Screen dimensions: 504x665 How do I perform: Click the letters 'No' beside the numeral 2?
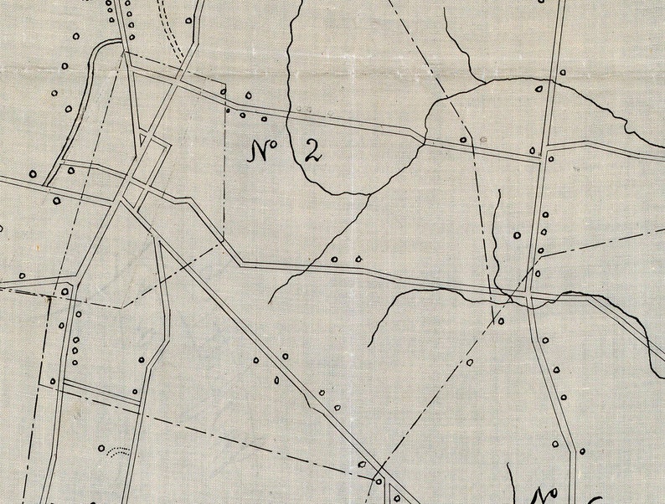pyautogui.click(x=264, y=151)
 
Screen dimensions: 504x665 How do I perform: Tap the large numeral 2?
pyautogui.click(x=313, y=152)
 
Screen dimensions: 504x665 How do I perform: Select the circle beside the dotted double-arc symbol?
pyautogui.click(x=101, y=449)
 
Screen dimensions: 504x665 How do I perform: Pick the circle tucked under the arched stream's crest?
pyautogui.click(x=539, y=88)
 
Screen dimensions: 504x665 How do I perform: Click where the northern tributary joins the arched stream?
pyautogui.click(x=484, y=81)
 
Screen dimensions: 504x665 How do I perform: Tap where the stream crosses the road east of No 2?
pyautogui.click(x=425, y=138)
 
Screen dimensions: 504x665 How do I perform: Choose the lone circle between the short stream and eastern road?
pyautogui.click(x=517, y=235)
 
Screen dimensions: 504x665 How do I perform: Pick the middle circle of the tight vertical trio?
pyautogui.click(x=75, y=351)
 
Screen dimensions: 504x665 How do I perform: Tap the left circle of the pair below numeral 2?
pyautogui.click(x=334, y=260)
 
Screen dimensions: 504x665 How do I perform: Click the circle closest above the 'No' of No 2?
pyautogui.click(x=264, y=119)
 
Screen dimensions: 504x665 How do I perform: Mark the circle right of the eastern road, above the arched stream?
pyautogui.click(x=562, y=72)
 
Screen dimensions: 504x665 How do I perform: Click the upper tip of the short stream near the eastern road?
pyautogui.click(x=499, y=192)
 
